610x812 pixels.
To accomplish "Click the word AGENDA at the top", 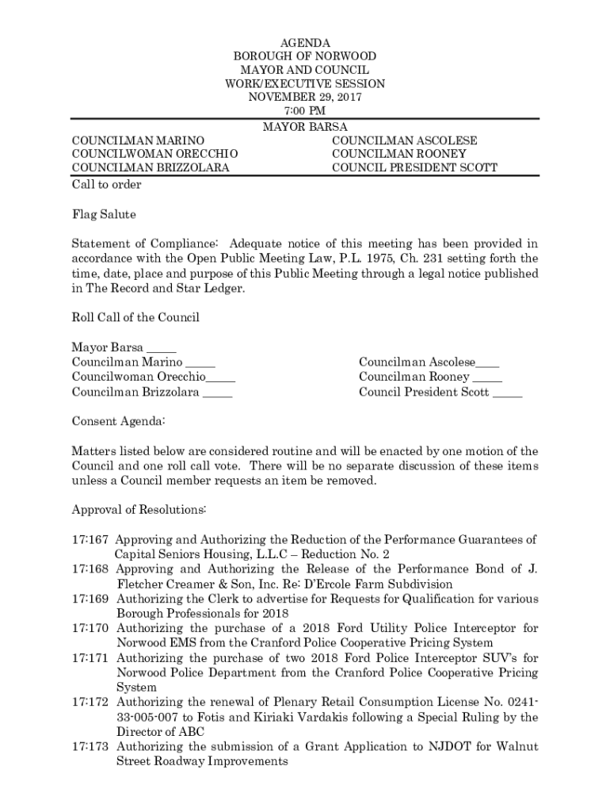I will coord(305,43).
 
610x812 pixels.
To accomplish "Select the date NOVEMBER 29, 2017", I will coord(305,97).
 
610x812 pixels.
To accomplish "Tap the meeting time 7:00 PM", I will coord(305,110).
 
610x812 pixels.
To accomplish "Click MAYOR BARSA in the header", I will coord(305,127).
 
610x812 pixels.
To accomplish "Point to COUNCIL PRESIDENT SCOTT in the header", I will coord(414,167).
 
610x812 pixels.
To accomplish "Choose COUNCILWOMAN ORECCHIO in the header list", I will coord(155,154).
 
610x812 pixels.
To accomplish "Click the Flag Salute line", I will coord(104,215).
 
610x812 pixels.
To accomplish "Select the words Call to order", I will coord(107,185).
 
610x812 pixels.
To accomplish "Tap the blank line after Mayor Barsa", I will coord(162,349).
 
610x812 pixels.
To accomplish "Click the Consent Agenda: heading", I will coord(118,422).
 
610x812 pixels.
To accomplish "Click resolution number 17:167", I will coord(90,539).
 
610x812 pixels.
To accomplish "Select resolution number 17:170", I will coord(90,628).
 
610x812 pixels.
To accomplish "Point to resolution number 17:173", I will coord(90,747).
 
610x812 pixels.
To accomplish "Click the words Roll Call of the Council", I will coord(135,318).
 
